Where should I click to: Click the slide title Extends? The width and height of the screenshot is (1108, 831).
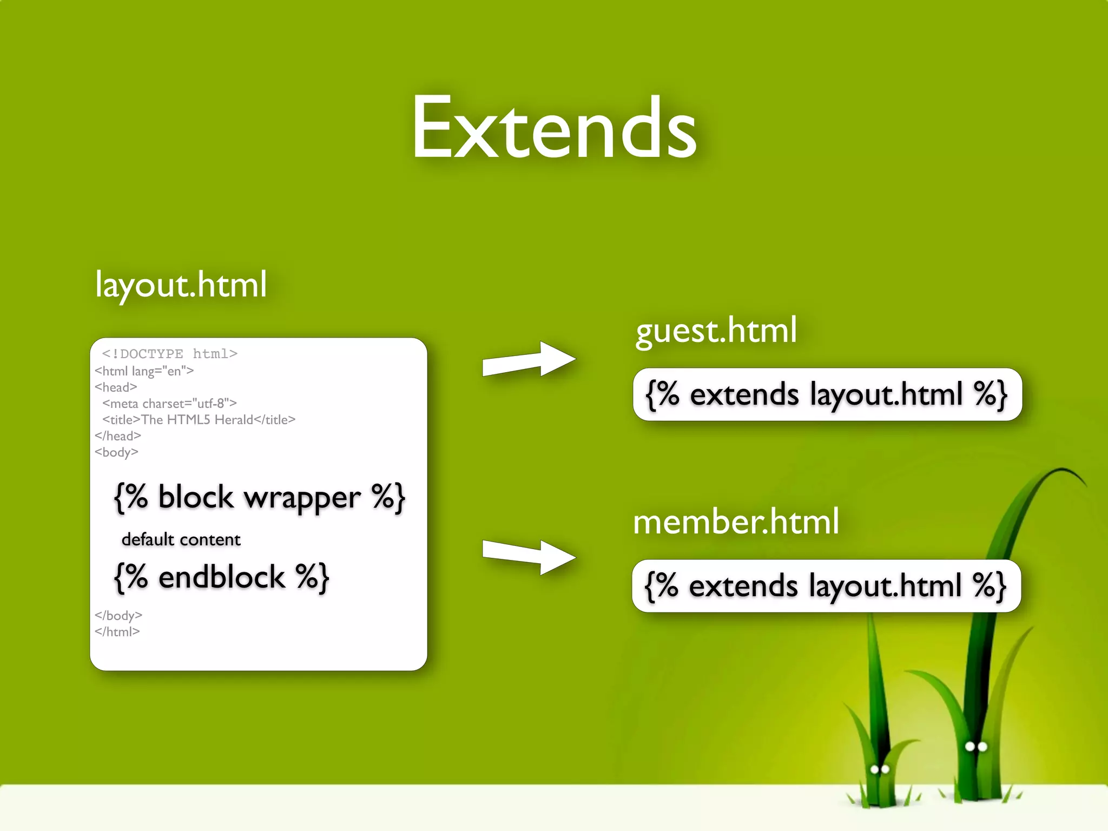click(x=554, y=129)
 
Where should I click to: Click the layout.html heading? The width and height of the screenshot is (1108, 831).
click(x=181, y=285)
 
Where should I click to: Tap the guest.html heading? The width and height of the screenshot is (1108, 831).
click(x=716, y=331)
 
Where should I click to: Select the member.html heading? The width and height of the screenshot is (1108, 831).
click(x=736, y=522)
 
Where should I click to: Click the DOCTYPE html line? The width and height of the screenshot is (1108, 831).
click(x=170, y=354)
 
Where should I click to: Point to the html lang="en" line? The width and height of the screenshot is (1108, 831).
click(x=144, y=371)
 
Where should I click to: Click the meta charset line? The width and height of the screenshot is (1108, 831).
click(x=169, y=404)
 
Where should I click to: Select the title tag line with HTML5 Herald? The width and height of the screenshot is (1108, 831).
click(x=199, y=420)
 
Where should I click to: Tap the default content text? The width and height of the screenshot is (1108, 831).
click(x=181, y=540)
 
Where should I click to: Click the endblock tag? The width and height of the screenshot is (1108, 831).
click(x=221, y=577)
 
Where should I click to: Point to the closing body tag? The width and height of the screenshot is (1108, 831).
click(x=118, y=616)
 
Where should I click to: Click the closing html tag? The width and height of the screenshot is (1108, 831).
click(x=117, y=632)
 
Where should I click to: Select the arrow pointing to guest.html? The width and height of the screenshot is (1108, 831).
click(x=529, y=360)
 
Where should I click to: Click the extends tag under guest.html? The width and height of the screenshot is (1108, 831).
click(x=827, y=394)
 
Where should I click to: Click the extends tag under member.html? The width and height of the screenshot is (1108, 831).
click(x=826, y=586)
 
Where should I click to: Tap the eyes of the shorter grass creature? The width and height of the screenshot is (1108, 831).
click(x=880, y=769)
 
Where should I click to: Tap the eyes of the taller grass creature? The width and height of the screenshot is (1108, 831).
click(x=976, y=747)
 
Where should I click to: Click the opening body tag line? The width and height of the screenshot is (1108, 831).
click(x=116, y=452)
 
